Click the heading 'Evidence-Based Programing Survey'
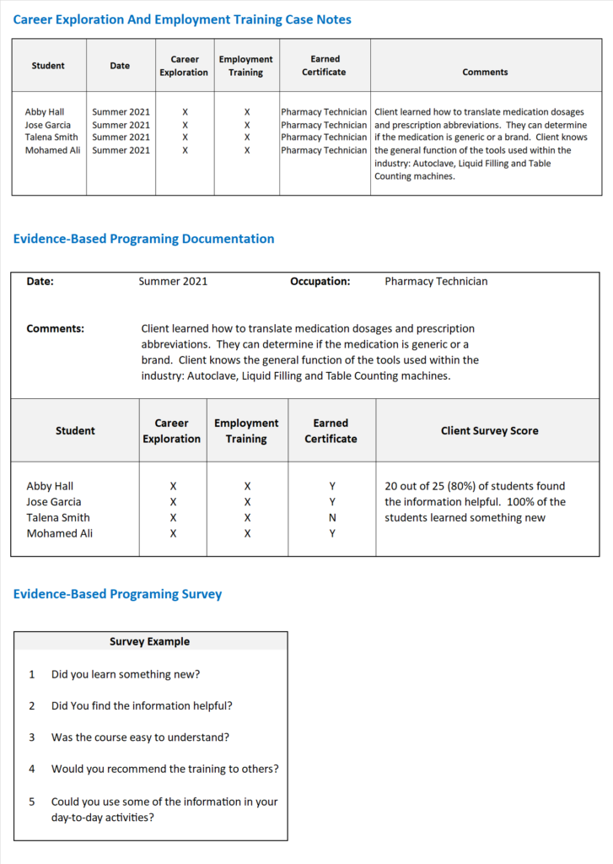tap(117, 594)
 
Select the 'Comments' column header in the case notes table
tap(485, 73)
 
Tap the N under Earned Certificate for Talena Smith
tap(332, 518)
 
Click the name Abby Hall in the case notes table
tap(45, 111)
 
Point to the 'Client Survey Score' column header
tap(489, 430)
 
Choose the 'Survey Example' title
tap(149, 641)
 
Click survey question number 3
tap(32, 737)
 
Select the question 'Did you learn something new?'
tap(126, 674)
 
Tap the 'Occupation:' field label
tap(320, 281)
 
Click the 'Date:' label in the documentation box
tap(40, 281)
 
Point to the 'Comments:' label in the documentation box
tap(55, 328)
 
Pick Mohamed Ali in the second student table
tap(60, 533)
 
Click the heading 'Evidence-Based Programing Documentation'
tap(143, 239)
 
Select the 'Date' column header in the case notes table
tap(120, 66)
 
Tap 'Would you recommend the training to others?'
tap(164, 769)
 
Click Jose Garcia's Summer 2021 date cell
tap(121, 125)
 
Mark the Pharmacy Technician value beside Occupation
tap(436, 281)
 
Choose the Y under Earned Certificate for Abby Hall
tap(332, 486)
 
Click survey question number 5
tap(32, 802)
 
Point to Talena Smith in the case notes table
tap(51, 138)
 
